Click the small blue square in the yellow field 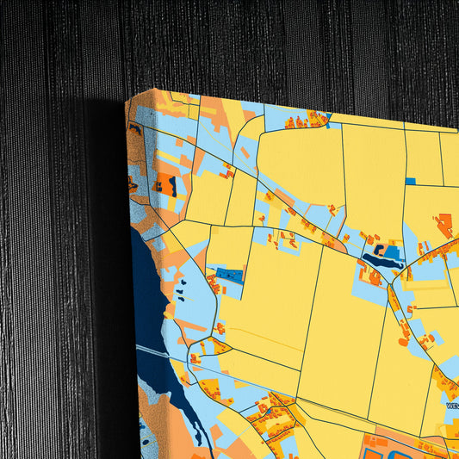tap(410, 181)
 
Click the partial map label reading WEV tap(452, 402)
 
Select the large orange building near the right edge tap(443, 225)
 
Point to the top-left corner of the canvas tap(127, 101)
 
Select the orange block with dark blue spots tap(166, 183)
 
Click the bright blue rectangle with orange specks tap(229, 275)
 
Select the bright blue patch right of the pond tap(392, 252)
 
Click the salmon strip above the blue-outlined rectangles tap(405, 435)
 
